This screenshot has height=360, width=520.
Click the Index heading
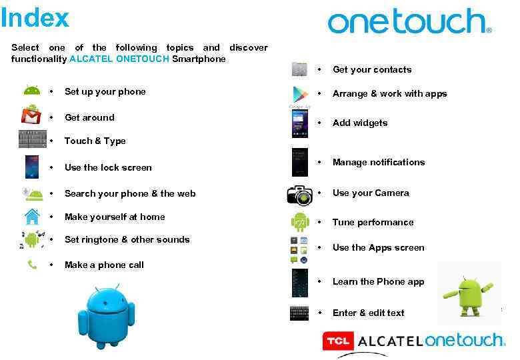click(35, 18)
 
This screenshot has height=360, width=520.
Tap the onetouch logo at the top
click(409, 22)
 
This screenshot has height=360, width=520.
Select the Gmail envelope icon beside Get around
click(31, 116)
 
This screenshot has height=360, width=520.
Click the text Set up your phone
click(105, 92)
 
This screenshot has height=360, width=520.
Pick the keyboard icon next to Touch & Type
click(32, 139)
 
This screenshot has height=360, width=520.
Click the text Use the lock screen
click(108, 167)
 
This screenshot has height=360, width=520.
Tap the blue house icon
click(32, 217)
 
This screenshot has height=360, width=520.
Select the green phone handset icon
click(32, 265)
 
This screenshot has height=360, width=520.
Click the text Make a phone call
click(104, 265)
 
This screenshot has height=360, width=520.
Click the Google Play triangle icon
click(300, 94)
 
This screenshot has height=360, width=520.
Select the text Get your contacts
click(372, 69)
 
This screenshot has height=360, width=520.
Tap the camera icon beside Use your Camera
click(300, 193)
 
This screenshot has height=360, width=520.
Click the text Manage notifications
click(379, 162)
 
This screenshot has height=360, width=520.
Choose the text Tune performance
click(373, 222)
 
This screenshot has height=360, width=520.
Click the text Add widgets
click(360, 123)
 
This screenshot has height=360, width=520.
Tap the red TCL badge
click(338, 341)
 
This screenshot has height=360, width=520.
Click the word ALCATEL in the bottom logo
click(390, 341)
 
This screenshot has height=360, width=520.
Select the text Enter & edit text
click(369, 313)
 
